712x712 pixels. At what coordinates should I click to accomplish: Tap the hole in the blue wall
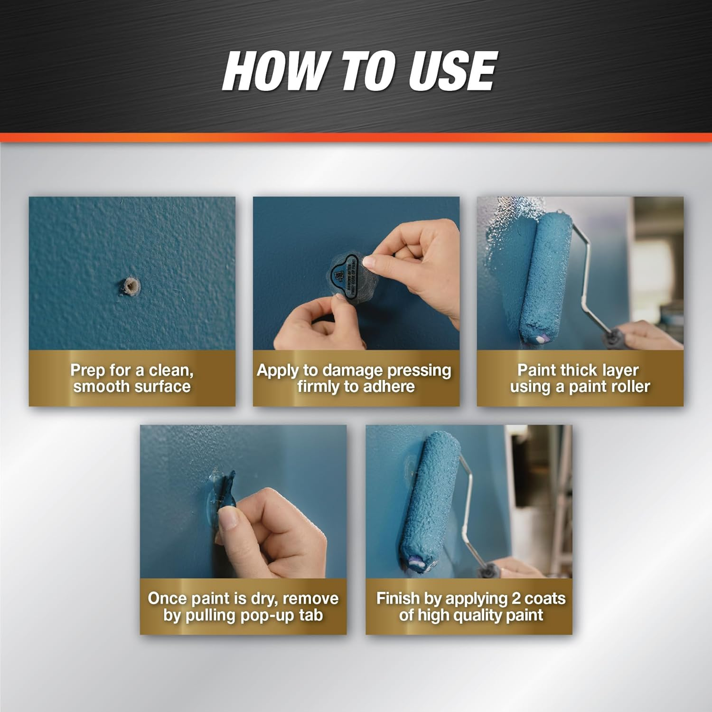[x=131, y=286]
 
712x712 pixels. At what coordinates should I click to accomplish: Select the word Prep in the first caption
[x=88, y=370]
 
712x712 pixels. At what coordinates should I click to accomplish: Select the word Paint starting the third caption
[x=536, y=370]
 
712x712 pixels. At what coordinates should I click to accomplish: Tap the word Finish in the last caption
[x=398, y=598]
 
